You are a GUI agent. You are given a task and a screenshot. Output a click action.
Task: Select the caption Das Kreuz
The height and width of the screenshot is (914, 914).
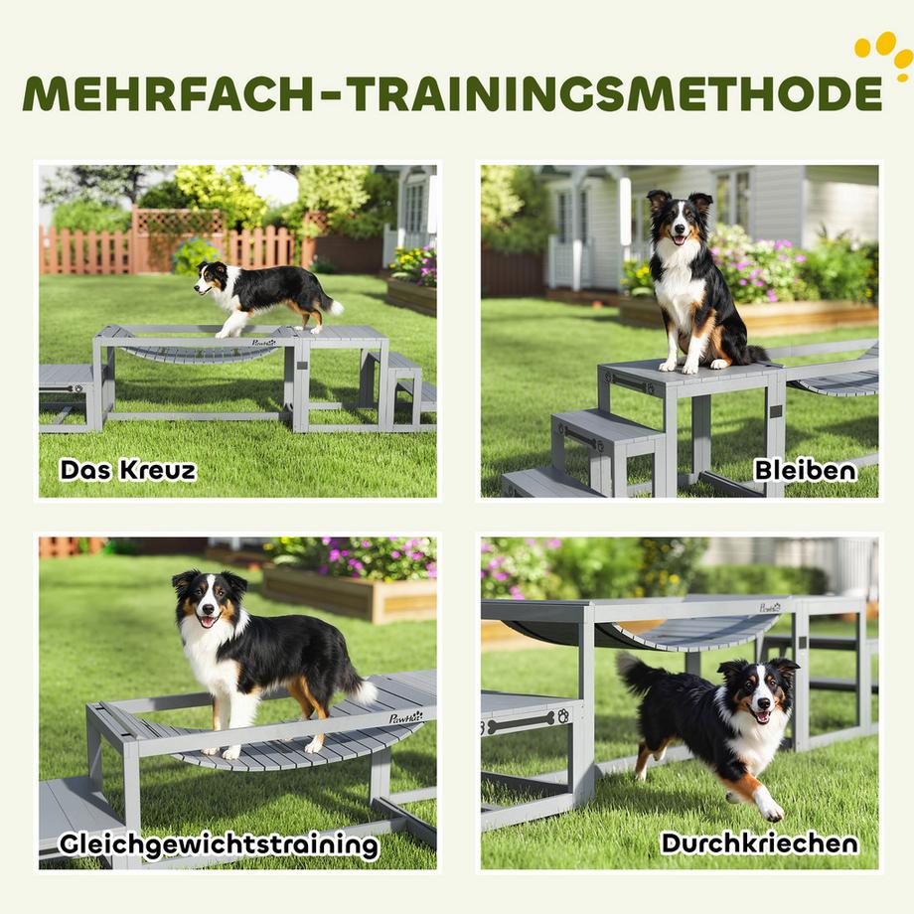pyautogui.click(x=127, y=469)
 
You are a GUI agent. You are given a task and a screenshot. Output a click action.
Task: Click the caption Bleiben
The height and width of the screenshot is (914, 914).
pyautogui.click(x=805, y=469)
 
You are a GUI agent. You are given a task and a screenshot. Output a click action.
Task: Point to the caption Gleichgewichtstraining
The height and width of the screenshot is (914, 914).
pyautogui.click(x=219, y=845)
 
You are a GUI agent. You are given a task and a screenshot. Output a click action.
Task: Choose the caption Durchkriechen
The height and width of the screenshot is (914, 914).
pyautogui.click(x=759, y=843)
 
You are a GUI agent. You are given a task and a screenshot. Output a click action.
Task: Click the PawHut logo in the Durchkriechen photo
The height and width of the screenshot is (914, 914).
pyautogui.click(x=771, y=607)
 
